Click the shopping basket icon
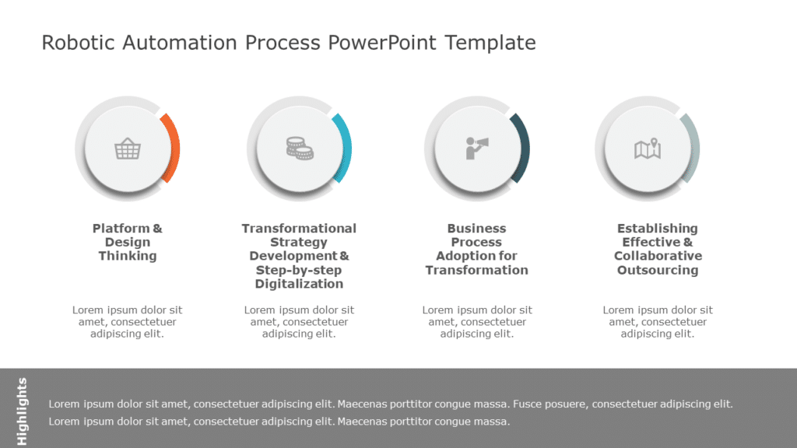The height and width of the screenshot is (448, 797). click(127, 148)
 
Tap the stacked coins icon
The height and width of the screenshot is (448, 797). click(299, 148)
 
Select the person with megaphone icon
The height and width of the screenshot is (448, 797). click(476, 148)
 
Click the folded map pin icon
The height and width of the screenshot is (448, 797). click(648, 148)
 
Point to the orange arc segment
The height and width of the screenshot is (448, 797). click(174, 148)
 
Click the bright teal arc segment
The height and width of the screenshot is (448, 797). click(345, 148)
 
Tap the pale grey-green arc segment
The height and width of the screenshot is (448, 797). click(693, 148)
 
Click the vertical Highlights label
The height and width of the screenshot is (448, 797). click(22, 411)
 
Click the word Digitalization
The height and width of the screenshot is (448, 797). click(299, 284)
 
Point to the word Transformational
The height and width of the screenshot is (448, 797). click(299, 229)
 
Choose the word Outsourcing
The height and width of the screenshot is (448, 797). click(658, 270)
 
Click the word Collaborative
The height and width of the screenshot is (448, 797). click(658, 256)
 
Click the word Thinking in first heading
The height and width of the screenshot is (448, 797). click(128, 256)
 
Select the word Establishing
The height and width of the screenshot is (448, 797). click(658, 229)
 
